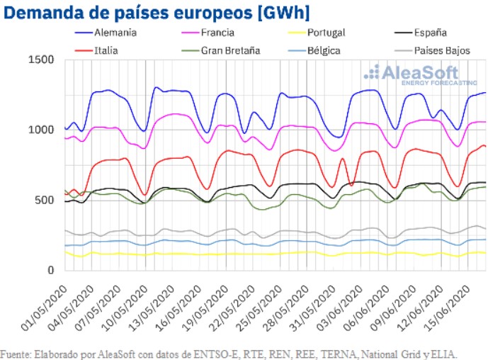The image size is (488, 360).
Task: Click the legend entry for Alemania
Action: pyautogui.click(x=116, y=32)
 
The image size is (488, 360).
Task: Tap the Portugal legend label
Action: pyautogui.click(x=327, y=32)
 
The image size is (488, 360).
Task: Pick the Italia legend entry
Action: pyautogui.click(x=106, y=50)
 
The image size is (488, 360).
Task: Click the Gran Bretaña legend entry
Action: pyautogui.click(x=231, y=50)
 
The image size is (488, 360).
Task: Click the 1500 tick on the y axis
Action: pyautogui.click(x=40, y=60)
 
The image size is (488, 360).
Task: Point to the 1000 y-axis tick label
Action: pyautogui.click(x=40, y=130)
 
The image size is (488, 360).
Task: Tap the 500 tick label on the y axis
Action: pyautogui.click(x=44, y=200)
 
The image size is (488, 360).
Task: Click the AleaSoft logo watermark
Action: pyautogui.click(x=411, y=74)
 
